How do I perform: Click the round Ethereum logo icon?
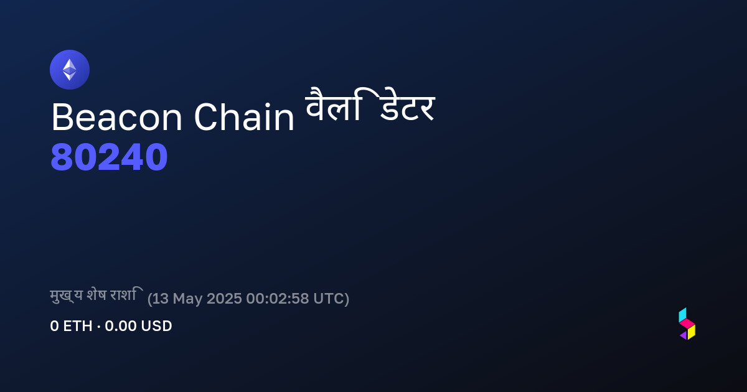69,70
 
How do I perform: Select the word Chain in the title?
244,117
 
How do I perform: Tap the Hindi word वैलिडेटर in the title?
370,105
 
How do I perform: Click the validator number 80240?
109,157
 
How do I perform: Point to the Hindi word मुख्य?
66,296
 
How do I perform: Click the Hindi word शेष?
96,295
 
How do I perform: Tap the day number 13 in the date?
161,298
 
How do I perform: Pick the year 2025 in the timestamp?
224,298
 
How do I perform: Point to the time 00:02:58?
278,298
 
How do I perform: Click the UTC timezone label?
328,298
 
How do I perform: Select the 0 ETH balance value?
71,326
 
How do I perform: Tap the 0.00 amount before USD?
120,326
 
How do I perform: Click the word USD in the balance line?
156,326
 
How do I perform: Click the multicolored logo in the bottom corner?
687,324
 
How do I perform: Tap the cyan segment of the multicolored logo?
682,315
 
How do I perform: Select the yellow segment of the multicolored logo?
692,332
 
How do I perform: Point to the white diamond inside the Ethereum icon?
70,70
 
